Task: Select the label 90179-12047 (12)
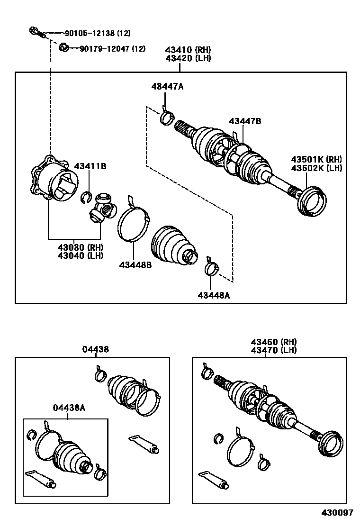[112, 48]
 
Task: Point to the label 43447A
[167, 86]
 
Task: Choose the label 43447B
[245, 121]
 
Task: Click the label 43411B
[90, 166]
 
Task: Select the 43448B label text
[135, 265]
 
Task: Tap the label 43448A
[214, 295]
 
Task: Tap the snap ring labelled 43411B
[86, 195]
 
